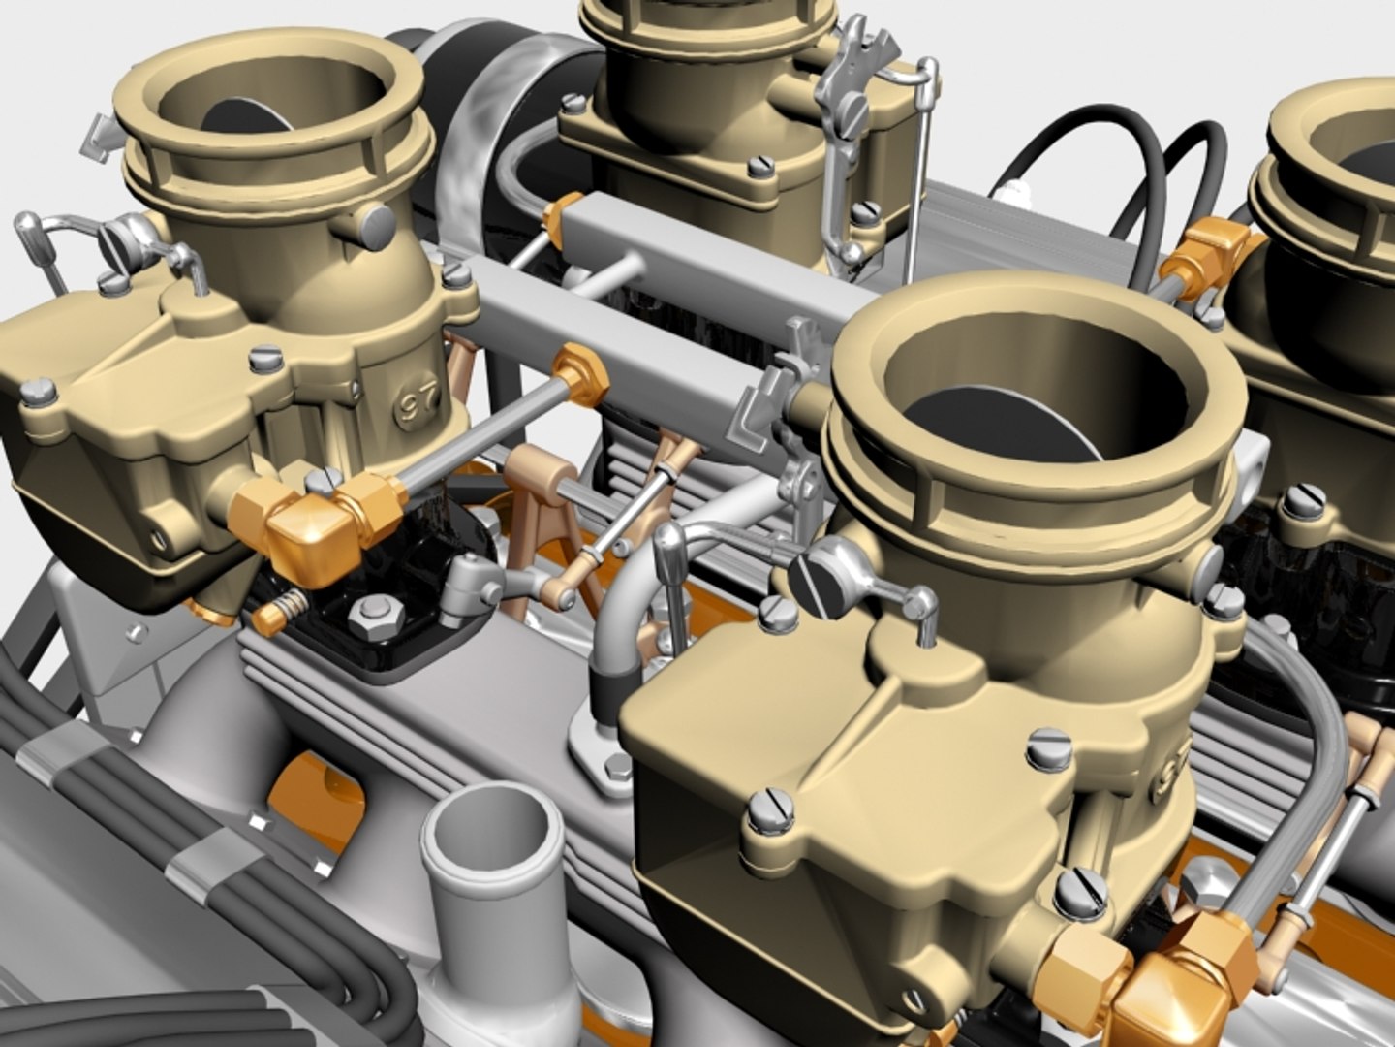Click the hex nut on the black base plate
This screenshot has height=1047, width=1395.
(372, 612)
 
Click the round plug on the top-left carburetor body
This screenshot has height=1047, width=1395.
(376, 226)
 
